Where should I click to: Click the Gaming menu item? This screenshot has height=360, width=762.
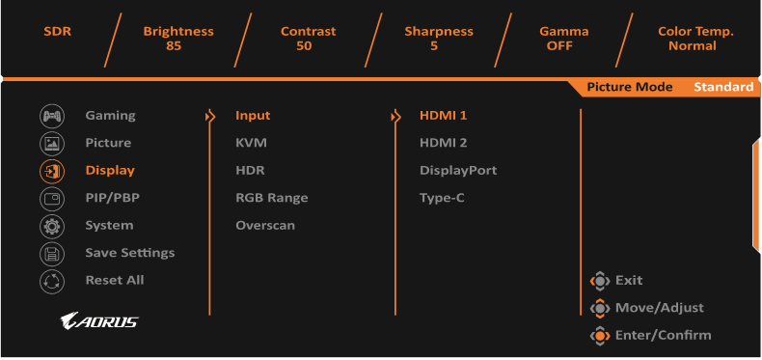pyautogui.click(x=110, y=116)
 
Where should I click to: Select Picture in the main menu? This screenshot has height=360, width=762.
pyautogui.click(x=108, y=143)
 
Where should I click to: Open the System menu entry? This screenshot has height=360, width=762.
pyautogui.click(x=109, y=225)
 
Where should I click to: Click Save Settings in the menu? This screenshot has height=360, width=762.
pyautogui.click(x=129, y=253)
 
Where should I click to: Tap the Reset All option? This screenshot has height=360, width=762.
pyautogui.click(x=114, y=280)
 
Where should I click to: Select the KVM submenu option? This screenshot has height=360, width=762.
pyautogui.click(x=251, y=143)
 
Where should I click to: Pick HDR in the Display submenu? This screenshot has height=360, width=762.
pyautogui.click(x=250, y=170)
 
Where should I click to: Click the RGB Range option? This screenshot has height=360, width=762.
pyautogui.click(x=271, y=198)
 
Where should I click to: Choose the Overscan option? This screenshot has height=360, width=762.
pyautogui.click(x=265, y=225)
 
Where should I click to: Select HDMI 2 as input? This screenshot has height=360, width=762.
pyautogui.click(x=443, y=143)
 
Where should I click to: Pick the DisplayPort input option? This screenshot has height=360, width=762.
pyautogui.click(x=457, y=170)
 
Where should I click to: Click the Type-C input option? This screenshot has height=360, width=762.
pyautogui.click(x=442, y=198)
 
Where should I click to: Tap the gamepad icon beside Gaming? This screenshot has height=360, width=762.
pyautogui.click(x=51, y=116)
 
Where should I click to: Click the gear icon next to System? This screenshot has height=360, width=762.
pyautogui.click(x=51, y=226)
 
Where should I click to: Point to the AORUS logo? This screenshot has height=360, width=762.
pyautogui.click(x=98, y=321)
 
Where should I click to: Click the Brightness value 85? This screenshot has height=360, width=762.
pyautogui.click(x=173, y=46)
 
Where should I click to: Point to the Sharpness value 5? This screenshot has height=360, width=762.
pyautogui.click(x=438, y=46)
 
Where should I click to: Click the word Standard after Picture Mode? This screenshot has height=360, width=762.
pyautogui.click(x=722, y=87)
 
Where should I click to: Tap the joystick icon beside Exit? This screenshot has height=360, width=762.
pyautogui.click(x=600, y=281)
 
